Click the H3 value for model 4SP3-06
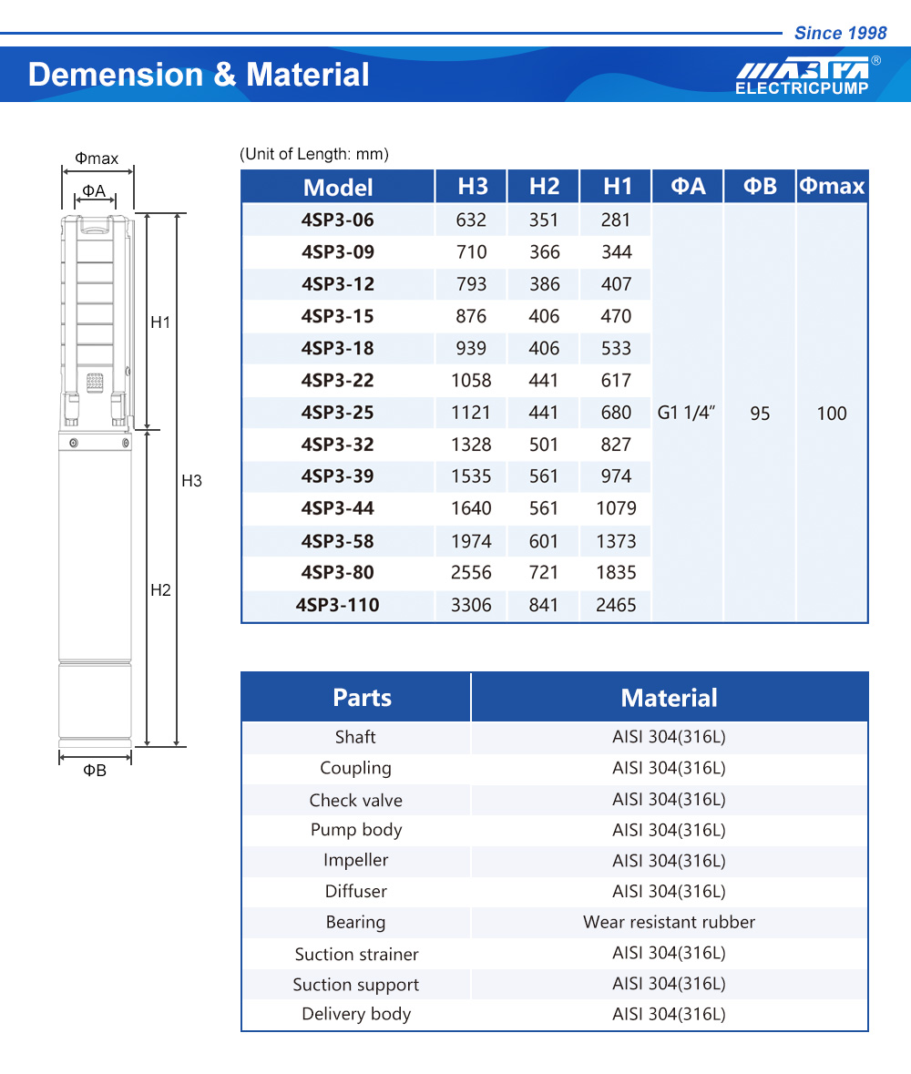(x=471, y=220)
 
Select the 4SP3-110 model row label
(x=338, y=605)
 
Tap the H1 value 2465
(x=616, y=605)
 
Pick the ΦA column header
(x=688, y=187)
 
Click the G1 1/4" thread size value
(x=687, y=413)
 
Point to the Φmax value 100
(x=832, y=414)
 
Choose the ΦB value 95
(x=760, y=414)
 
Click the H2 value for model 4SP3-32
(x=544, y=445)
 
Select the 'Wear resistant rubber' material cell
(x=669, y=922)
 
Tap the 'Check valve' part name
(x=355, y=801)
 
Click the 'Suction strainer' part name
(x=356, y=954)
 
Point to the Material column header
(x=669, y=698)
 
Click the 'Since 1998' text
(x=840, y=34)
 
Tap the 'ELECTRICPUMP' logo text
(x=802, y=89)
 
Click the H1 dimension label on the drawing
(x=160, y=322)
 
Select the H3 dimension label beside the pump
(x=191, y=481)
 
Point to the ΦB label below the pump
(x=95, y=771)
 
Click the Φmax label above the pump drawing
(x=97, y=159)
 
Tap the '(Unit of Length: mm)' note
(x=314, y=154)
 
